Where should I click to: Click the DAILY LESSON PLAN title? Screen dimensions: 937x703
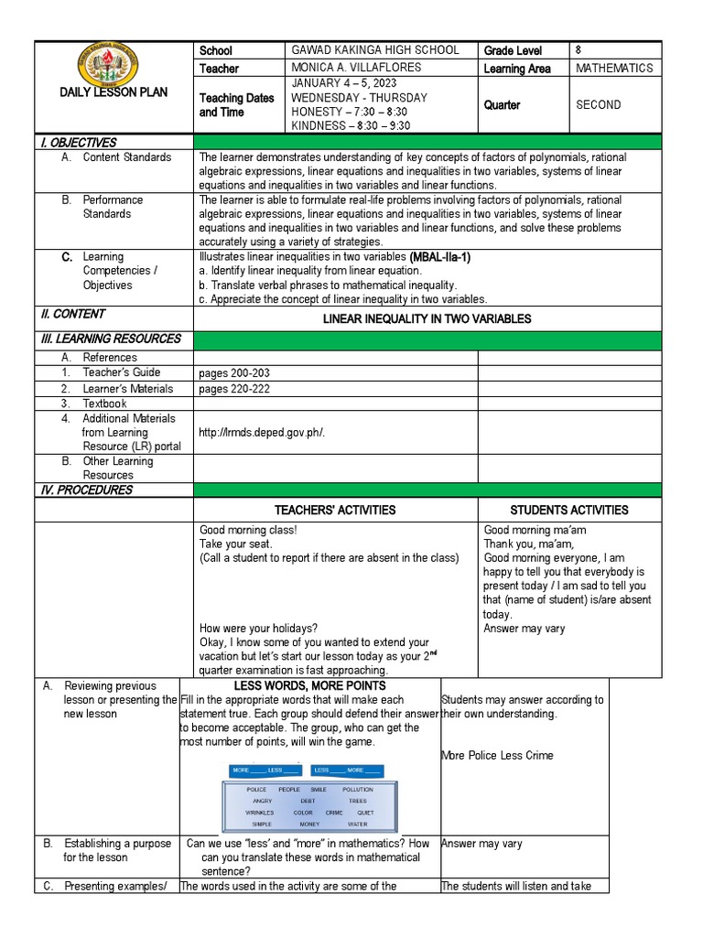114,92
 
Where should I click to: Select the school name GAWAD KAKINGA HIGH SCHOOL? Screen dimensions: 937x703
374,50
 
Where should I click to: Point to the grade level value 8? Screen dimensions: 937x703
579,50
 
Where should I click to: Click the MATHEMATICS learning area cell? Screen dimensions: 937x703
614,69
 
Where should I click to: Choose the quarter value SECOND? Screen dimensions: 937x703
598,105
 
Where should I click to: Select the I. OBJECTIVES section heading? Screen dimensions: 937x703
78,142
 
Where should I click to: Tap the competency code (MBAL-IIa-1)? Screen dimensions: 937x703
440,257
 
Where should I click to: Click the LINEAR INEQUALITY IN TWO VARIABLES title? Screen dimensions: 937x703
427,318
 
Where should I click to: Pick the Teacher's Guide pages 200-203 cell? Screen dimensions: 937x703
234,373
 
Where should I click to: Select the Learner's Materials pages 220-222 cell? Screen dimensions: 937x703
234,389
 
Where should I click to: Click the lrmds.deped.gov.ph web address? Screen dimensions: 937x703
262,433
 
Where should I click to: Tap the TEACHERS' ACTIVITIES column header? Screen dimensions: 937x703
335,510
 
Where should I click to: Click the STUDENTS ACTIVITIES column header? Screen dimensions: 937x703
568,510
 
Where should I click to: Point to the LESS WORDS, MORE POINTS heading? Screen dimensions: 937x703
309,685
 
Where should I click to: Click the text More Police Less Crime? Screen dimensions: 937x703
497,756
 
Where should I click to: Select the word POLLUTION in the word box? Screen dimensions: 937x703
358,789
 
